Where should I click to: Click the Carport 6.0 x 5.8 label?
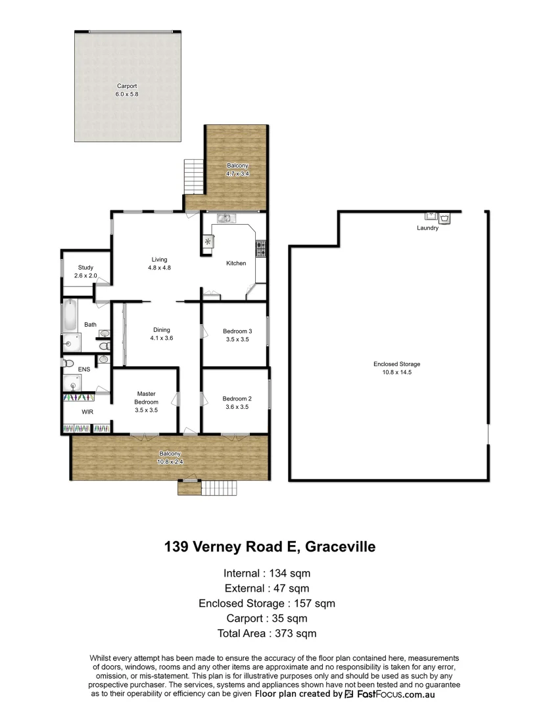(x=127, y=90)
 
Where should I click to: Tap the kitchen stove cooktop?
(x=261, y=248)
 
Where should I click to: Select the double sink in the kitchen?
(x=225, y=218)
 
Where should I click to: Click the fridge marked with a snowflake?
(x=208, y=242)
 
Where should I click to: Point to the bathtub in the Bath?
(x=70, y=316)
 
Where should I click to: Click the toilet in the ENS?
(x=68, y=362)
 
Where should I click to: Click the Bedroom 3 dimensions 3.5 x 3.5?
(x=237, y=339)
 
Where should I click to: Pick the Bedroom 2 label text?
(x=237, y=398)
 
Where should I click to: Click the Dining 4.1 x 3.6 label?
(x=161, y=334)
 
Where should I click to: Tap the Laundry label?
(x=427, y=228)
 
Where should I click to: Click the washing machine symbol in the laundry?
(x=446, y=217)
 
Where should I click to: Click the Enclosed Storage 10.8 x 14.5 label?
(x=396, y=367)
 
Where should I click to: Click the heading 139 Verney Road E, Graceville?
(x=270, y=547)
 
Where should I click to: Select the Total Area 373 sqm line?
(x=267, y=634)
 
